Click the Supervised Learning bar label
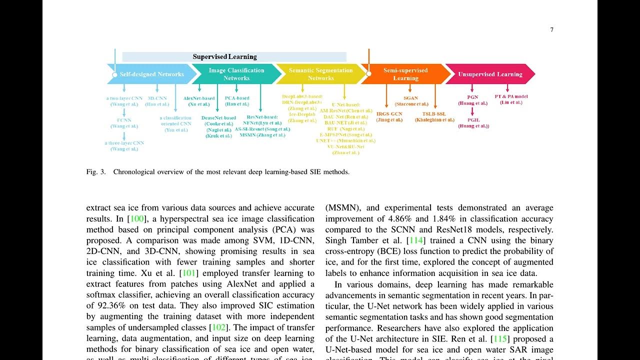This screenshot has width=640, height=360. [224, 57]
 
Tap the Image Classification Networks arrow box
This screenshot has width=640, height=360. [236, 74]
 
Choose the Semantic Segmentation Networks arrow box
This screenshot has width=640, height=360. [320, 74]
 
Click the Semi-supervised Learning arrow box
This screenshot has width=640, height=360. [405, 74]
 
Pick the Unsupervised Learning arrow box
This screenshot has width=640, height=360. [490, 74]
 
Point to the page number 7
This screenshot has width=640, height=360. [551, 30]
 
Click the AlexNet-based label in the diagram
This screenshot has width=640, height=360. [199, 98]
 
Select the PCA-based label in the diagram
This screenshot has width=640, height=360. [237, 98]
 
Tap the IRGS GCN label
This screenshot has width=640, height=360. [389, 114]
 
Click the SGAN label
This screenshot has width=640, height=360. [411, 98]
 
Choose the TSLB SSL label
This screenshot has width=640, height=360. [434, 114]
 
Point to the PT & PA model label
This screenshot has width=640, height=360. [511, 96]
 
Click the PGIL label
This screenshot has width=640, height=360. [473, 120]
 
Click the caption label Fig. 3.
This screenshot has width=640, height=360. [96, 172]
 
